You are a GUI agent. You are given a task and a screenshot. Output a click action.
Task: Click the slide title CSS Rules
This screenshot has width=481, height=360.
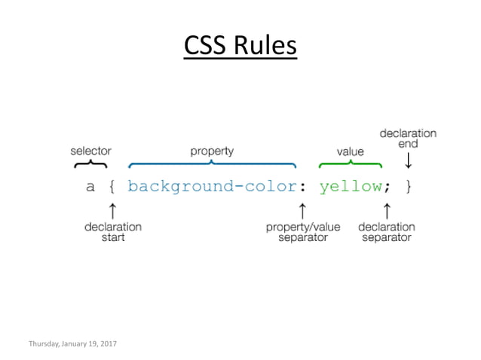pyautogui.click(x=240, y=45)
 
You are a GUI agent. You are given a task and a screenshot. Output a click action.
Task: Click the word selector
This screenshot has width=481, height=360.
pyautogui.click(x=90, y=151)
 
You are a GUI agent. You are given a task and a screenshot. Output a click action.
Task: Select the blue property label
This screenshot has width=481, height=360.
pyautogui.click(x=211, y=151)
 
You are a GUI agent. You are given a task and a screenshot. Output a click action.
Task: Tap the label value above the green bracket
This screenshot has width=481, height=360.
pyautogui.click(x=350, y=151)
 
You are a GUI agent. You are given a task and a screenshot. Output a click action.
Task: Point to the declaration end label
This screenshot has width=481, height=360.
pyautogui.click(x=408, y=139)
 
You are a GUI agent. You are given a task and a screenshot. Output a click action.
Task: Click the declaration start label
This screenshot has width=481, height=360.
pyautogui.click(x=113, y=231)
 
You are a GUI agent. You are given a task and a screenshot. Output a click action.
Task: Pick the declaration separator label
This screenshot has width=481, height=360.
pyautogui.click(x=387, y=231)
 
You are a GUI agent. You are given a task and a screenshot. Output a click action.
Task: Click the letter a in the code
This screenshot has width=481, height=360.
pyautogui.click(x=90, y=187)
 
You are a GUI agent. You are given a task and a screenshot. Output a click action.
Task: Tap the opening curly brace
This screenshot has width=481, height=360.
pyautogui.click(x=112, y=187)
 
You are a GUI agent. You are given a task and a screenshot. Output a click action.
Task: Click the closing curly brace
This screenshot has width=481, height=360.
pyautogui.click(x=409, y=187)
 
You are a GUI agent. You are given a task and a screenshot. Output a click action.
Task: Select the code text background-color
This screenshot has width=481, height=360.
pyautogui.click(x=208, y=187)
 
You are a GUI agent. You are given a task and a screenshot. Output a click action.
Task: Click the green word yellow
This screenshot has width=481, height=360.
pyautogui.click(x=349, y=187)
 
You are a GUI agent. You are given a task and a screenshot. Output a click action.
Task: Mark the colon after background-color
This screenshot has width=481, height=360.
pyautogui.click(x=302, y=187)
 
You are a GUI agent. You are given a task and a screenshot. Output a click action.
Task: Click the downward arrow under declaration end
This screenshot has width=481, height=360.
pyautogui.click(x=408, y=161)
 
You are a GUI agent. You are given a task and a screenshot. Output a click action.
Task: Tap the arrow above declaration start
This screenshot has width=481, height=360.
pyautogui.click(x=112, y=209)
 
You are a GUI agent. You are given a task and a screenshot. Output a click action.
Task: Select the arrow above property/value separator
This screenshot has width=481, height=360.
pyautogui.click(x=302, y=209)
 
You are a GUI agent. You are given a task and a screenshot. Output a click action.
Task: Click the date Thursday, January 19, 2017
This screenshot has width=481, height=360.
pyautogui.click(x=72, y=343)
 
